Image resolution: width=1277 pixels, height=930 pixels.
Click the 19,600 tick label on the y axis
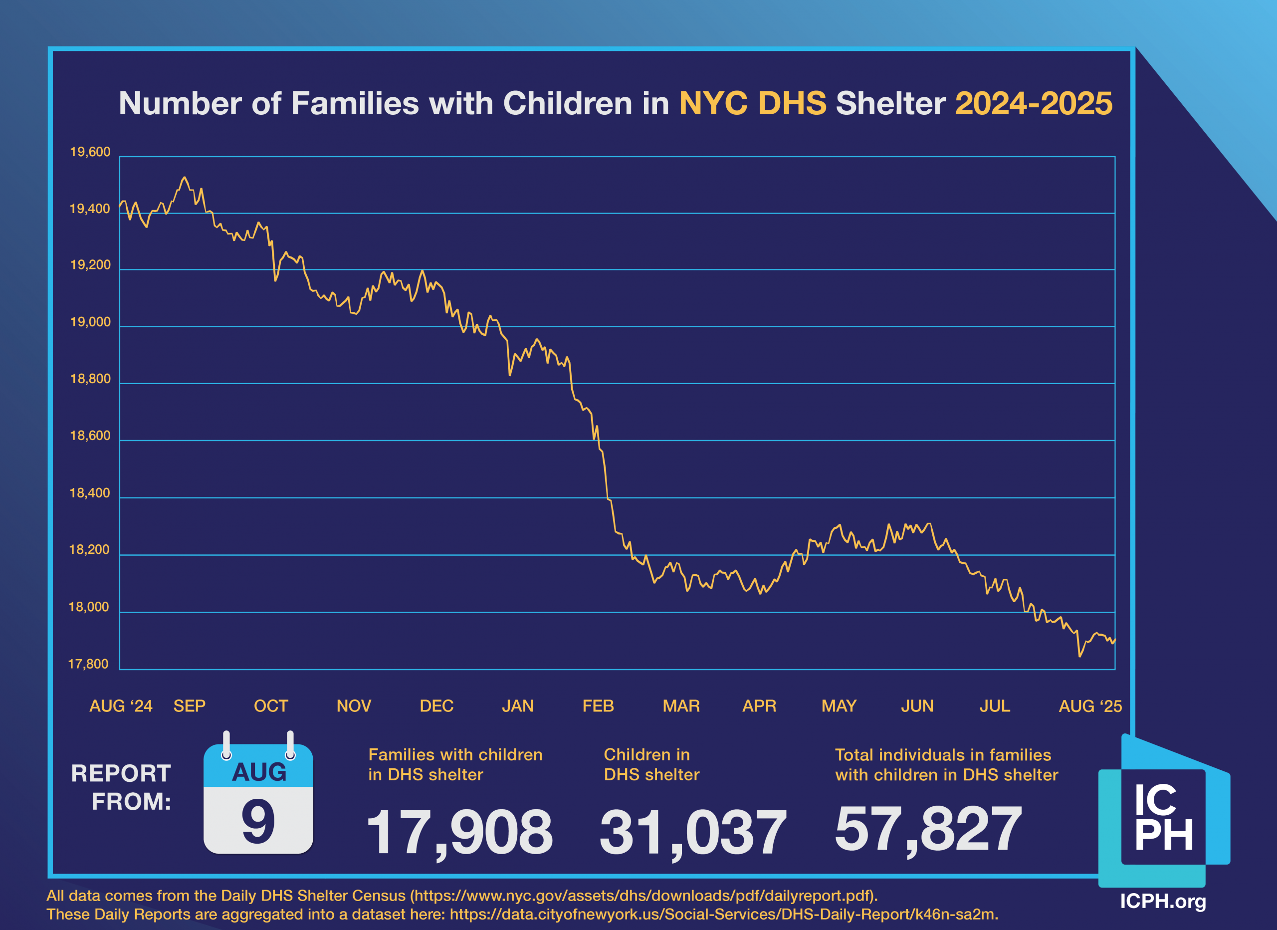coord(90,152)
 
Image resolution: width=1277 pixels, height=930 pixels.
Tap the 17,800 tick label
coord(88,664)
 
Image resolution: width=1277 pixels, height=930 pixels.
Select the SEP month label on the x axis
coord(189,706)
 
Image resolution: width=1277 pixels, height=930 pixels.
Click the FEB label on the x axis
coord(598,706)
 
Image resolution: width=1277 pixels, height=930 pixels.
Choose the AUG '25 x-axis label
coord(1090,706)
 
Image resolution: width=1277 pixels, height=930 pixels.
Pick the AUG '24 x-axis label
coord(121,706)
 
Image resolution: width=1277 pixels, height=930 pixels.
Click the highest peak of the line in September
coord(184,178)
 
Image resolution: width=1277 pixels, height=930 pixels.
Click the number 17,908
coord(459,831)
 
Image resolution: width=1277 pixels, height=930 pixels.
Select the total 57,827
coord(928,828)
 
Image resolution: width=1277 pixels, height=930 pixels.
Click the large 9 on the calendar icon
coord(258,822)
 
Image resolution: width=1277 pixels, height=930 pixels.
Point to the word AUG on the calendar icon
coord(259,772)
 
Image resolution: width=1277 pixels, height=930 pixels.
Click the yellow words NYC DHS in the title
coord(752,104)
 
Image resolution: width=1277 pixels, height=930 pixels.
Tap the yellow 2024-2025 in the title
coord(1033,104)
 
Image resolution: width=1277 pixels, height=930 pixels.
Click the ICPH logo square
coord(1163,817)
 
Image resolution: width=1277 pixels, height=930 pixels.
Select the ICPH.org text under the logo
coord(1163,901)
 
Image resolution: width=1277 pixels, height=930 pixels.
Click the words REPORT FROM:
coord(121,787)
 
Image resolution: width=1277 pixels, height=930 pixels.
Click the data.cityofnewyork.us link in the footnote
coord(723,914)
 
